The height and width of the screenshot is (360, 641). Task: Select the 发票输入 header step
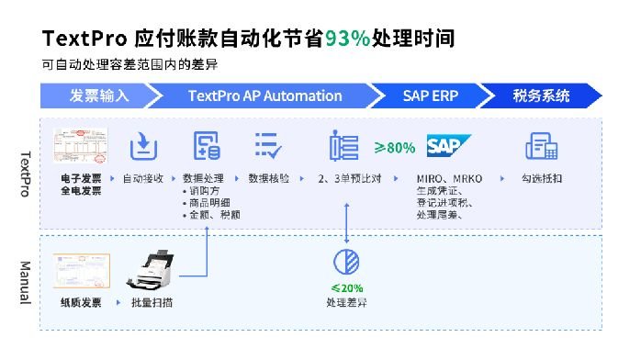pyautogui.click(x=98, y=96)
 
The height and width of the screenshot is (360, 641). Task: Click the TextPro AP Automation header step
pyautogui.click(x=264, y=96)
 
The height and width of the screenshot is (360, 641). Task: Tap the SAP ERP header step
pyautogui.click(x=431, y=96)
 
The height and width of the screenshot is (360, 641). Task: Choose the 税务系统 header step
pyautogui.click(x=541, y=96)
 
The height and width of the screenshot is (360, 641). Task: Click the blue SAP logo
pyautogui.click(x=448, y=147)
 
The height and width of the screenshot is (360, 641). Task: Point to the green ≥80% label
pyautogui.click(x=395, y=147)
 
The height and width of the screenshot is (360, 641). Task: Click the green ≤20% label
pyautogui.click(x=346, y=287)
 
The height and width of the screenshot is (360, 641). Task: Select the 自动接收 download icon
pyautogui.click(x=143, y=147)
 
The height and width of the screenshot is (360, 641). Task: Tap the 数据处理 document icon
pyautogui.click(x=206, y=147)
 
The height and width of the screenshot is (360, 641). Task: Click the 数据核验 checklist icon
pyautogui.click(x=268, y=147)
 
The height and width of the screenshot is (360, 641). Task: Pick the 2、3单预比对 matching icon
pyautogui.click(x=343, y=147)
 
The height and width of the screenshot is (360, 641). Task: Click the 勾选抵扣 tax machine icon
pyautogui.click(x=542, y=147)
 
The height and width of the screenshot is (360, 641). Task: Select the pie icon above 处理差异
pyautogui.click(x=346, y=261)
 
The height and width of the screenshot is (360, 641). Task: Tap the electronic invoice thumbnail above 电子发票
pyautogui.click(x=81, y=147)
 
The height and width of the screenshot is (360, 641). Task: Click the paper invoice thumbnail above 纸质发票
pyautogui.click(x=81, y=270)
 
